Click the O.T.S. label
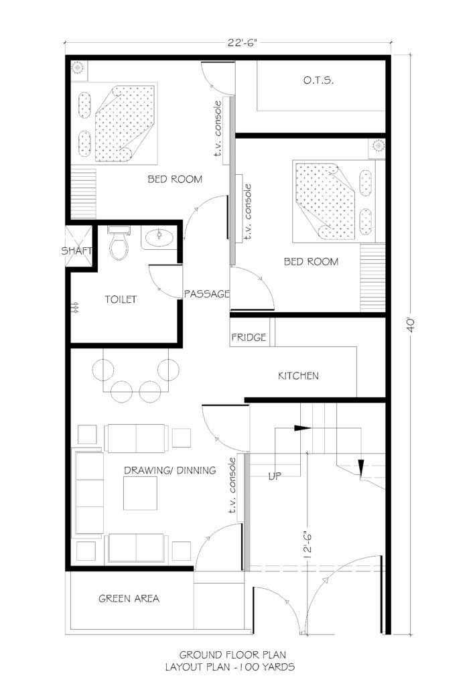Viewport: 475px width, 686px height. point(318,81)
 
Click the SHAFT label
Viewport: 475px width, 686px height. point(77,251)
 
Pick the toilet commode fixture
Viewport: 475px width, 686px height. point(119,245)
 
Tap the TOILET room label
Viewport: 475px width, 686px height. point(121,299)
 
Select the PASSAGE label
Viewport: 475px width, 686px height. point(207,293)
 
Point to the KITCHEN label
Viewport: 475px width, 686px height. point(298,376)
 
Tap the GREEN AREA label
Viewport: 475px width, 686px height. point(129,598)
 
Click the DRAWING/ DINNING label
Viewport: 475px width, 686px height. point(170,470)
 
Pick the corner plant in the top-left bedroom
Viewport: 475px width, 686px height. point(77,68)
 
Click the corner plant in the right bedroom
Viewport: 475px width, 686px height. point(378,145)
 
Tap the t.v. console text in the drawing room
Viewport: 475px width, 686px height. point(232,488)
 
